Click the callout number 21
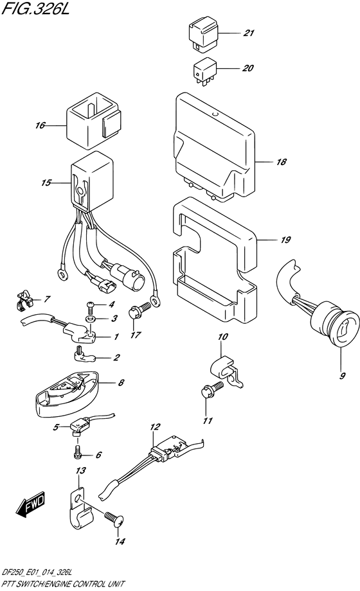point(248,33)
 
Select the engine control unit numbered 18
point(214,147)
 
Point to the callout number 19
point(285,240)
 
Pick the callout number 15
point(46,183)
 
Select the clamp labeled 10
point(226,371)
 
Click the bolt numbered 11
point(212,391)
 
